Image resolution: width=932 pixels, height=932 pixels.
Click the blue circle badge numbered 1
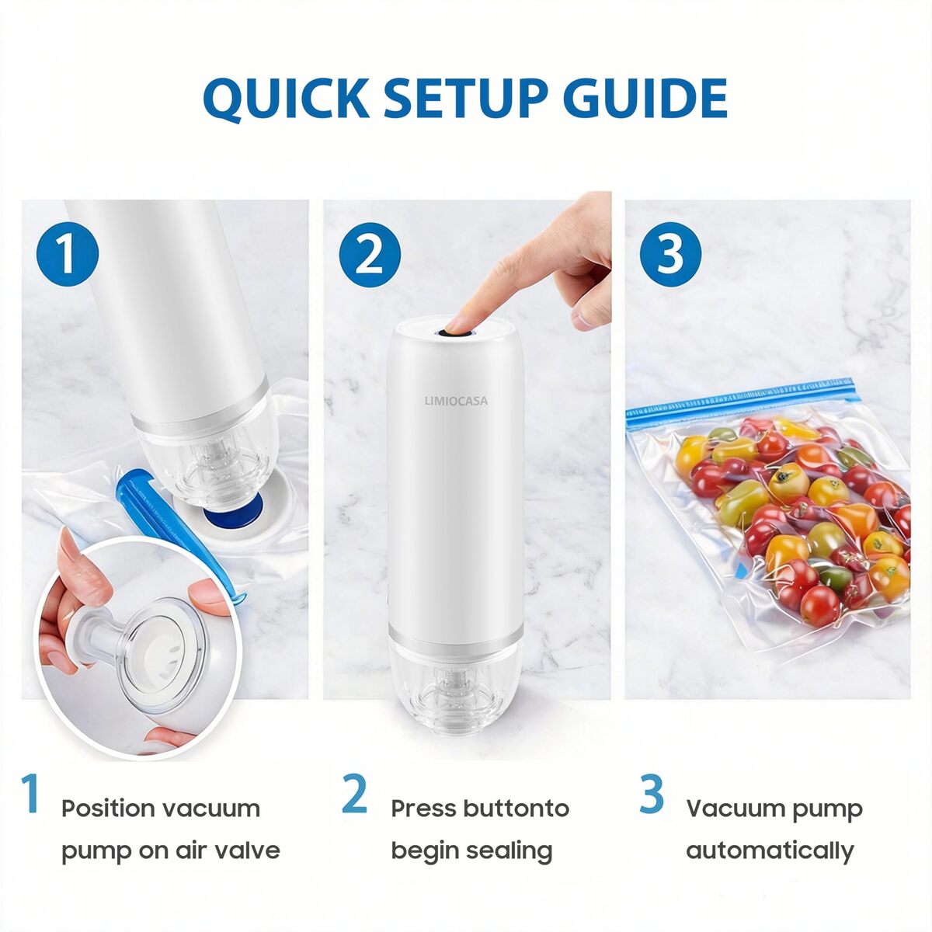(68, 254)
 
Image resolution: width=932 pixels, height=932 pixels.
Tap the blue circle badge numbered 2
(370, 254)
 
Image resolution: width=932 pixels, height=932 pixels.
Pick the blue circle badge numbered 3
(671, 254)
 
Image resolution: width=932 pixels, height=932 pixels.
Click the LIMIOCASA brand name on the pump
(456, 401)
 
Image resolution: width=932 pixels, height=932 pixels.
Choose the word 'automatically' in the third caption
(770, 852)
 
